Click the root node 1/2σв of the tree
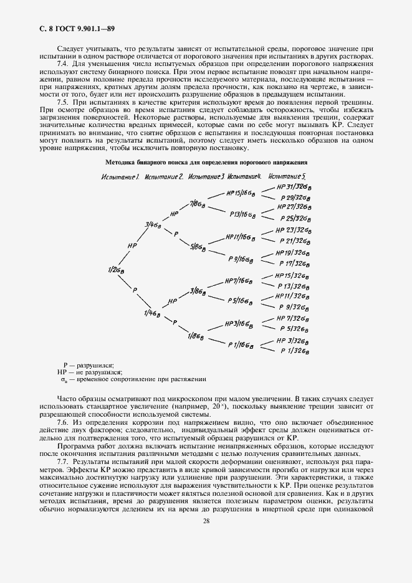pyautogui.click(x=117, y=269)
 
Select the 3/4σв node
pyautogui.click(x=153, y=224)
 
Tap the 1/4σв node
pyautogui.click(x=152, y=313)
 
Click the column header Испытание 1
pyautogui.click(x=120, y=178)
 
